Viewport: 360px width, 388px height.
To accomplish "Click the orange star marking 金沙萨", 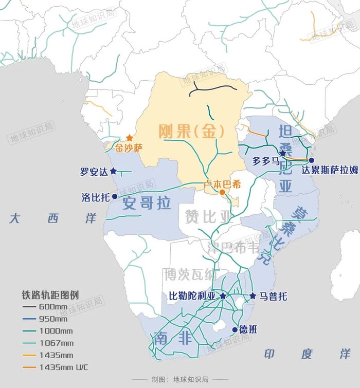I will pos(130,138).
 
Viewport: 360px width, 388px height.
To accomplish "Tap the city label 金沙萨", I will pos(129,149).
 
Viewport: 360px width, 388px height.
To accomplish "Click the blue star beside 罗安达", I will pos(113,171).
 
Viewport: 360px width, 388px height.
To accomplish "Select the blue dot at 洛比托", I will pos(115,196).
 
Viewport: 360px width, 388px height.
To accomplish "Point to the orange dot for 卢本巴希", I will pos(222,192).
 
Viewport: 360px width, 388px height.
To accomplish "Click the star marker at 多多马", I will pos(282,153).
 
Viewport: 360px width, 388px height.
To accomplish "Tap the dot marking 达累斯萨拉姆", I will pos(311,160).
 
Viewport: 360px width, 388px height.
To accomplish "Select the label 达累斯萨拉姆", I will pos(330,171).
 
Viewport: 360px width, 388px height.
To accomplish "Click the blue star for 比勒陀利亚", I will pos(223,296).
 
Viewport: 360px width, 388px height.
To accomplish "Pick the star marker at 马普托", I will pos(253,296).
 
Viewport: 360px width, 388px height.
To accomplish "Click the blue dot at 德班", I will pos(235,329).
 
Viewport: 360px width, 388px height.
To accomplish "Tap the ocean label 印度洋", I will pos(307,354).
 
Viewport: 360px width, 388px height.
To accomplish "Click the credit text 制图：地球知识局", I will pos(180,380).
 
